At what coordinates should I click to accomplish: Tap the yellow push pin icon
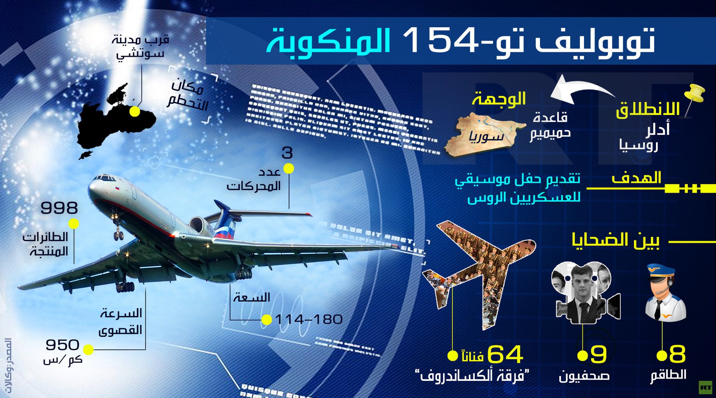(694, 95)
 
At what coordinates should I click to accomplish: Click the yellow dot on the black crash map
(135, 111)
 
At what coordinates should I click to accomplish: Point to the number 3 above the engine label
(287, 153)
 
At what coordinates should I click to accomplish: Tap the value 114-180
(309, 320)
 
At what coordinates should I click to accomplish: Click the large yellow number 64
(505, 354)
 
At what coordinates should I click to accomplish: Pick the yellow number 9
(598, 354)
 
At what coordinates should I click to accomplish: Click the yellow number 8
(677, 354)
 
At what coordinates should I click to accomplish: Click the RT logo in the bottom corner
(705, 388)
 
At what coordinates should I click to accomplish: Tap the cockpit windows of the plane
(105, 178)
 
